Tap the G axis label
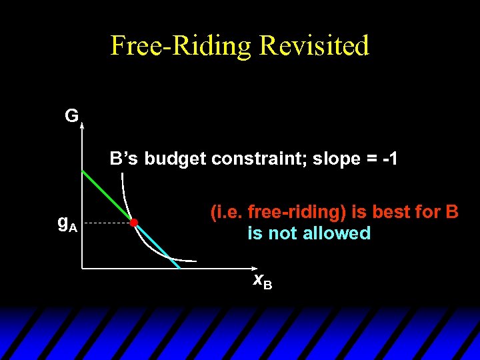click(x=71, y=116)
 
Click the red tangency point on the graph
click(x=134, y=222)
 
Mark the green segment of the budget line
click(x=107, y=195)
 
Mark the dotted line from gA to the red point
click(x=107, y=223)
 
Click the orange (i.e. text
click(x=227, y=213)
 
